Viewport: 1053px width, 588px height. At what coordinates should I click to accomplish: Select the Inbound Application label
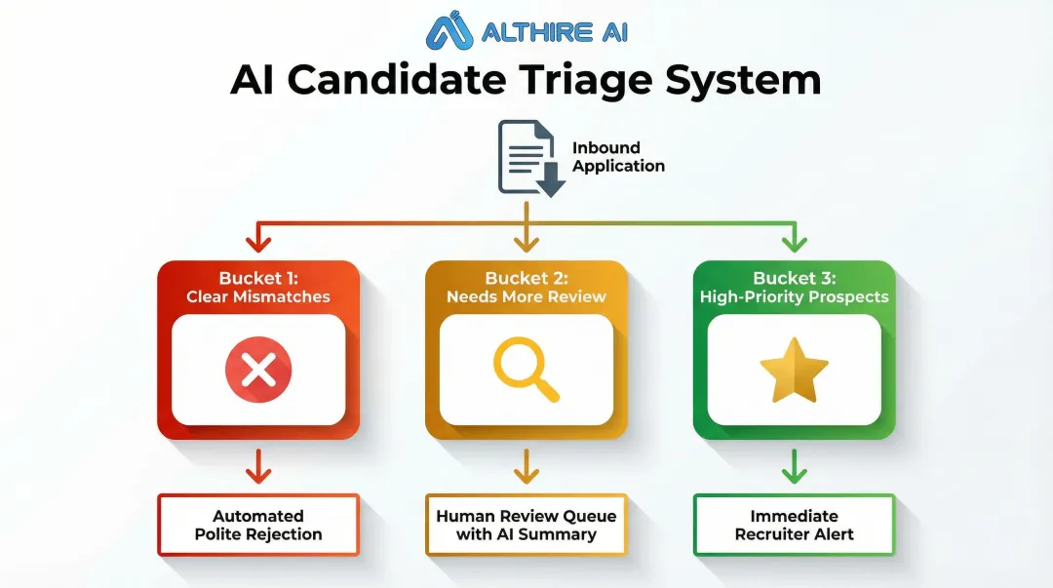click(x=618, y=157)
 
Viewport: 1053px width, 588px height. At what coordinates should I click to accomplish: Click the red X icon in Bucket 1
click(x=258, y=370)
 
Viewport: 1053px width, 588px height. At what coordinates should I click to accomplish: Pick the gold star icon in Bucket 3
click(x=794, y=370)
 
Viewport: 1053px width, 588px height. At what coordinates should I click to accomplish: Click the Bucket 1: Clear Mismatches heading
click(x=258, y=288)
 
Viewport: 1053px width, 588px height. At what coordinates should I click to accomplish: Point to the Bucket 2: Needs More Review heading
click(x=526, y=288)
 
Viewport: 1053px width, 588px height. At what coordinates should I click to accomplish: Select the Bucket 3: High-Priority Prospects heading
click(x=794, y=288)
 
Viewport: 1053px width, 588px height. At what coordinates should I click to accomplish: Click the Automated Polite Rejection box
click(x=258, y=525)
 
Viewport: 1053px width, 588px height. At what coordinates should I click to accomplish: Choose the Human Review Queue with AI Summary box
click(x=526, y=525)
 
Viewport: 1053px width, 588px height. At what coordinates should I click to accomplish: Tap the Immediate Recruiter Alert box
click(x=794, y=525)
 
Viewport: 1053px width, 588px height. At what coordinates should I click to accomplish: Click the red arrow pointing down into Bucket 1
click(x=258, y=237)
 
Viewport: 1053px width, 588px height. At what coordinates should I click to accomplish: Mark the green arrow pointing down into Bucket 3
click(x=794, y=237)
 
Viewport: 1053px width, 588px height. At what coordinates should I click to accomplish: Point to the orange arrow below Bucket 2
click(x=526, y=467)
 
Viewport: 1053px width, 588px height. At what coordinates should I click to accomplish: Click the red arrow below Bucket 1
click(x=258, y=467)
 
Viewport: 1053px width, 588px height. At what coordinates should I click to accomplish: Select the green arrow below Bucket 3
click(x=794, y=467)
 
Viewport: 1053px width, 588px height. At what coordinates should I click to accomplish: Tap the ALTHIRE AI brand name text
click(x=555, y=32)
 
